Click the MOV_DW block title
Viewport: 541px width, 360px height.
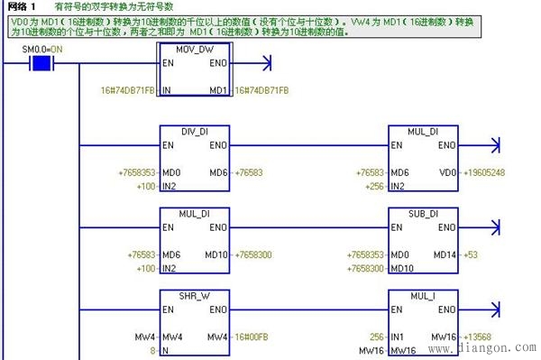(194, 47)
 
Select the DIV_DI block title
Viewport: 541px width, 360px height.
(195, 132)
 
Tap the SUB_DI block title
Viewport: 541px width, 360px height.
(422, 214)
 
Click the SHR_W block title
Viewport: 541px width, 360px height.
(195, 296)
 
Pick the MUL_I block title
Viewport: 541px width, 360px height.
(422, 296)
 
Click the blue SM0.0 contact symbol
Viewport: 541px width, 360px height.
(39, 63)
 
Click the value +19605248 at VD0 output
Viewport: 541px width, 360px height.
(483, 172)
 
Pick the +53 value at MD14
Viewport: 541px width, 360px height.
(470, 255)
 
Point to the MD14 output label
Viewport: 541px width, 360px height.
(445, 255)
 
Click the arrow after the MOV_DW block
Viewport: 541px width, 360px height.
(264, 63)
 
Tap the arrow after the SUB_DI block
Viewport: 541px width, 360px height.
(492, 229)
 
